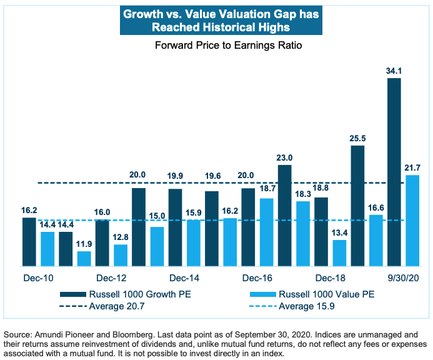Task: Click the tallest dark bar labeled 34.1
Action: point(394,172)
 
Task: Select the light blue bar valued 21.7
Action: point(412,221)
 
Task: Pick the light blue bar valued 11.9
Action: point(84,259)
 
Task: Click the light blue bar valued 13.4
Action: point(339,253)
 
